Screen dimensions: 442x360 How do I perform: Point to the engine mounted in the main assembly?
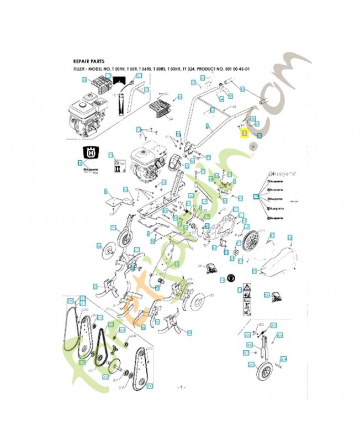coord(145,162)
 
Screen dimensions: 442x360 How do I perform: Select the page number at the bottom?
coord(179,387)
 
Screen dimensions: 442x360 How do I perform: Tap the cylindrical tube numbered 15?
coord(120,105)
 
